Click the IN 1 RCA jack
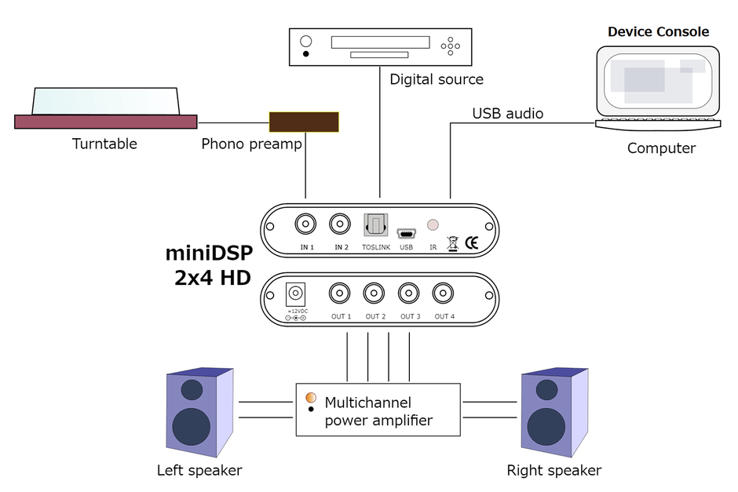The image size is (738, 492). pos(305,225)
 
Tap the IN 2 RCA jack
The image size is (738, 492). pos(340,225)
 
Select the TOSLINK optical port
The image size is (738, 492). pos(375,226)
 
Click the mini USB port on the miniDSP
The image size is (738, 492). pos(406,234)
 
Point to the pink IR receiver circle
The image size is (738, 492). pos(433,225)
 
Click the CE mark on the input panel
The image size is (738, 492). pos(473,242)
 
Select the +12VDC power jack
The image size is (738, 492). pos(296,294)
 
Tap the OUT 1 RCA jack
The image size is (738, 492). pos(340,294)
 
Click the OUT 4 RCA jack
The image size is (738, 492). pos(444,294)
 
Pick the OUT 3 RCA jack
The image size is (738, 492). pos(409,294)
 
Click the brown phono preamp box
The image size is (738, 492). pos(304,122)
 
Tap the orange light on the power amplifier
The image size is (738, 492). pos(311,397)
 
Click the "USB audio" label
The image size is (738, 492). pos(507,114)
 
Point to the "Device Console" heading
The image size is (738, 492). pos(658,32)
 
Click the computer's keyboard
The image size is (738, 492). pos(658,125)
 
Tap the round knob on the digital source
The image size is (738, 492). pos(306,42)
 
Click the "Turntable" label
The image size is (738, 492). pos(104,144)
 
